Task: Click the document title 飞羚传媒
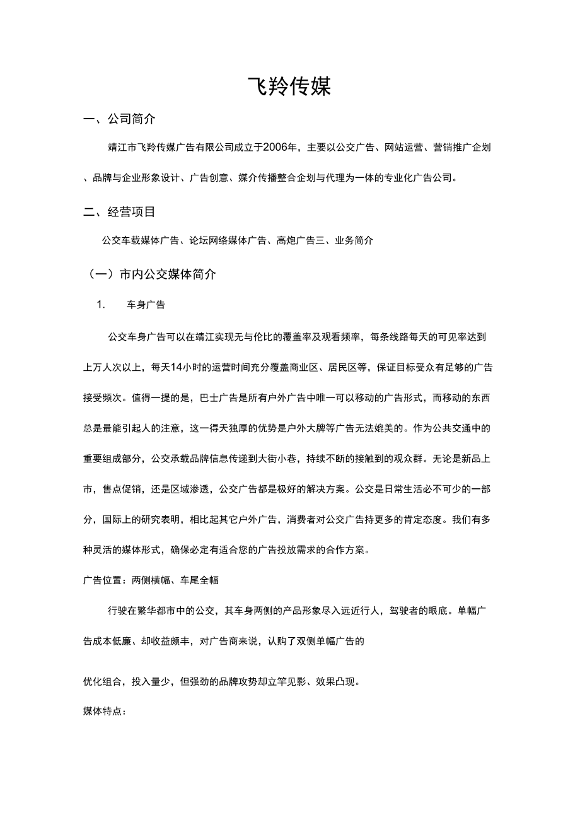click(289, 87)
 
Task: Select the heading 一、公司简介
click(120, 119)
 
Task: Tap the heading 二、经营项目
click(120, 211)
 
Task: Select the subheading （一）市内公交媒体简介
click(151, 274)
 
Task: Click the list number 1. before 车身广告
click(100, 305)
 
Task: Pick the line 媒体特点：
click(105, 712)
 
